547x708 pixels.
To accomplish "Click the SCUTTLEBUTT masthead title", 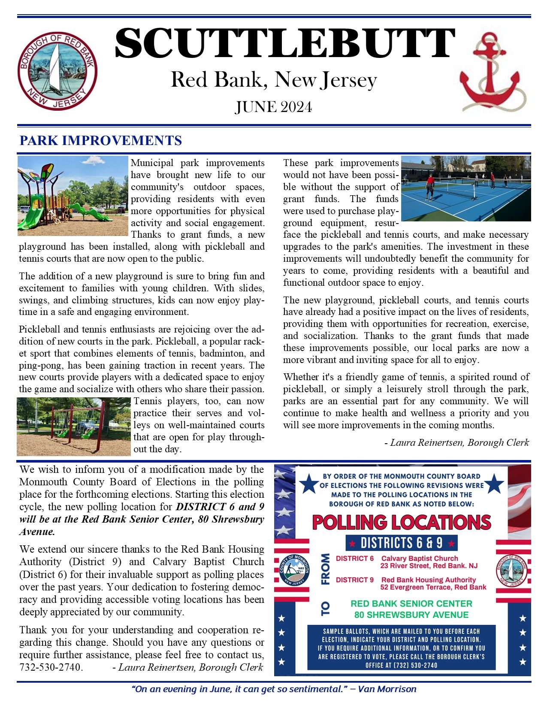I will (x=284, y=44).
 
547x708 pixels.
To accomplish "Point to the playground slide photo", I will (x=73, y=196).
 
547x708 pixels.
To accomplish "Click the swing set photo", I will (x=73, y=427).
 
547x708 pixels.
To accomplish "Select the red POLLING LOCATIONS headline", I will (x=402, y=522).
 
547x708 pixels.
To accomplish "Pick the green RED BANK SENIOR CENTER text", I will (x=411, y=603).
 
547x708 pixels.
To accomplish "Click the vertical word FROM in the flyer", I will (x=326, y=569).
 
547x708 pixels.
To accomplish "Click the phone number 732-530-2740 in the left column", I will (x=51, y=668).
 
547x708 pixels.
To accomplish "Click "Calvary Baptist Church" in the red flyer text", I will (x=420, y=559).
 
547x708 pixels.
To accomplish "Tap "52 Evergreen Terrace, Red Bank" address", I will (x=434, y=587).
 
